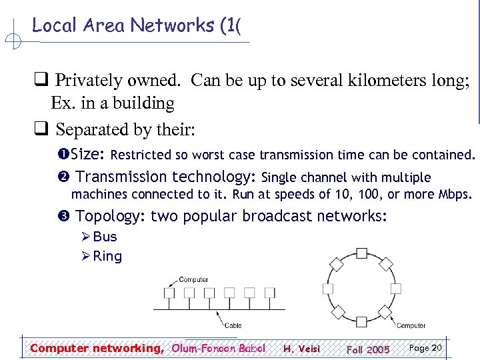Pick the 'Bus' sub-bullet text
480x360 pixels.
(x=105, y=237)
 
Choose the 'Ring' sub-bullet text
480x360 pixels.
(x=107, y=256)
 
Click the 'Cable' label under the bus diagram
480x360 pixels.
(x=233, y=325)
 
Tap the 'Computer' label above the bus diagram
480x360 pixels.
(x=194, y=279)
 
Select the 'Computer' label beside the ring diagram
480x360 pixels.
(x=411, y=325)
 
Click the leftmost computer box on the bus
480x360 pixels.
(x=170, y=293)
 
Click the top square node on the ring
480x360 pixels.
(x=361, y=253)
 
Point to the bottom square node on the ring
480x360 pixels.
(x=361, y=325)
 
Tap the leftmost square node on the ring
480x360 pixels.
(x=327, y=289)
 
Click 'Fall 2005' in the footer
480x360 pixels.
(x=368, y=349)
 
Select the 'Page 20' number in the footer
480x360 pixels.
(x=425, y=348)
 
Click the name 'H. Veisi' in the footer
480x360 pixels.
(x=301, y=349)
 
